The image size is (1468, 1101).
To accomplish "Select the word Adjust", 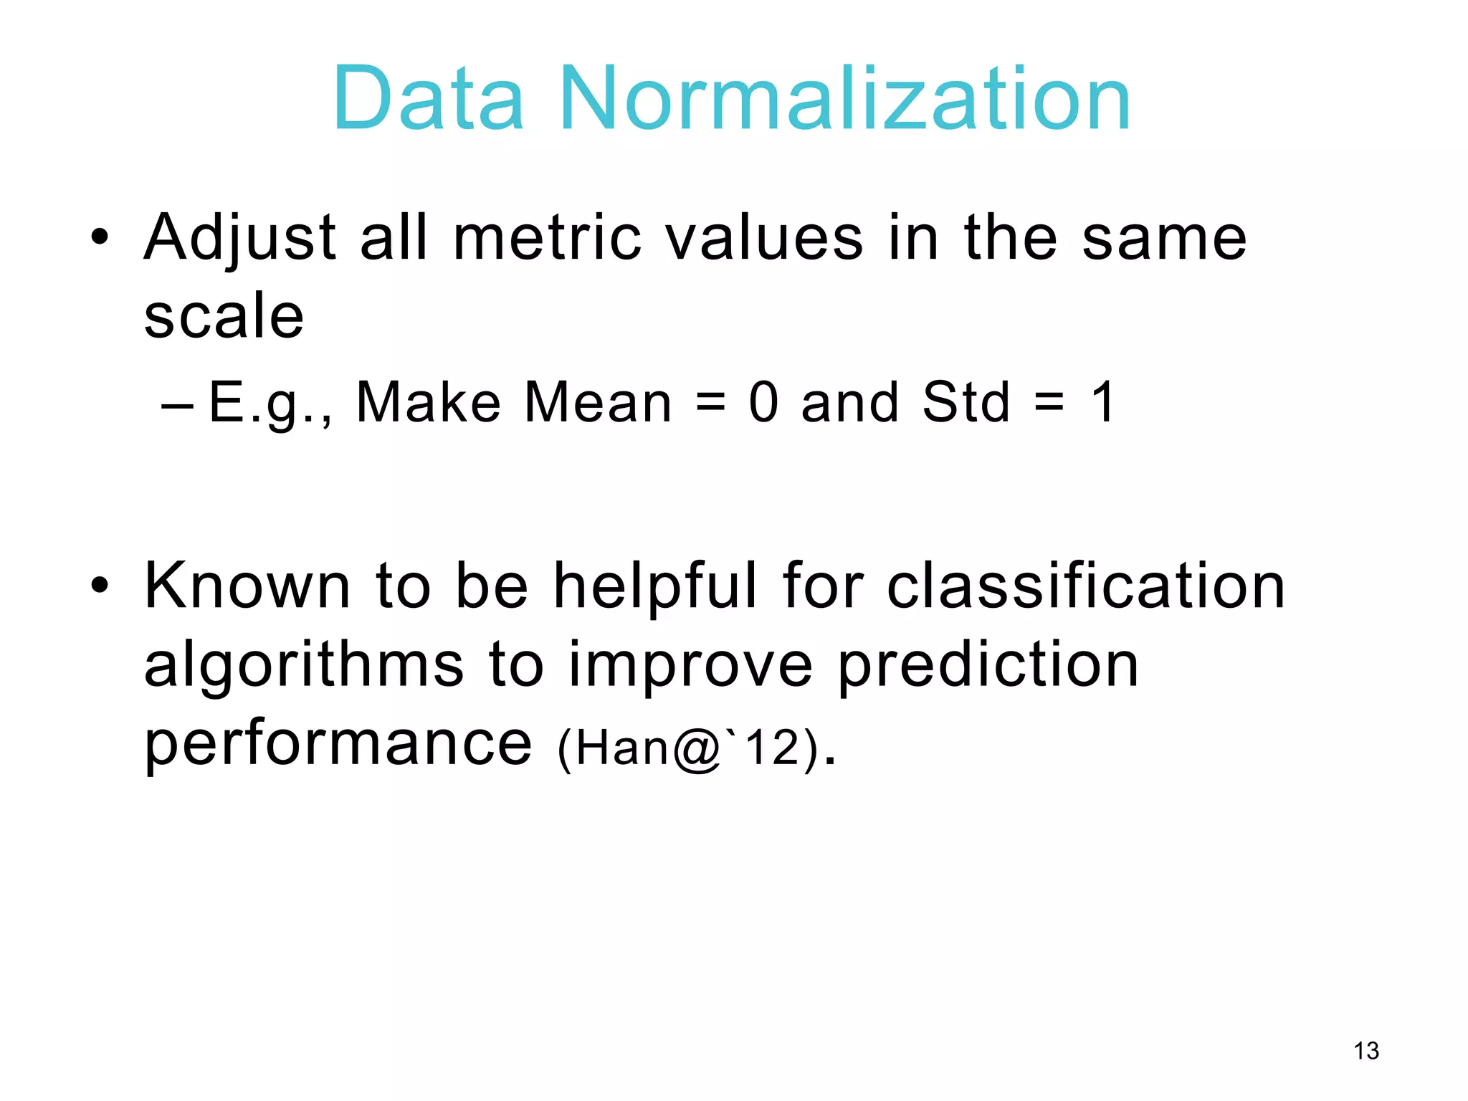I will (x=240, y=238).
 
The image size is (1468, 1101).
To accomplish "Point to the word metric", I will (x=548, y=238).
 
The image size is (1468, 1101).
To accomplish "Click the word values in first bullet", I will (x=764, y=238).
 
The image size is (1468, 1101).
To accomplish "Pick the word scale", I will (x=224, y=316).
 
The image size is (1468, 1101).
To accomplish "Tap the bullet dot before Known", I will (x=100, y=585).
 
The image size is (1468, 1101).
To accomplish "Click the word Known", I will (x=247, y=586).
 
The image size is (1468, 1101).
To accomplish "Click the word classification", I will (x=1085, y=586).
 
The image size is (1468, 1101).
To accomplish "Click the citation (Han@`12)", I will (x=688, y=748).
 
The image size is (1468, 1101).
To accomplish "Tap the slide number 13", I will (x=1366, y=1051).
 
